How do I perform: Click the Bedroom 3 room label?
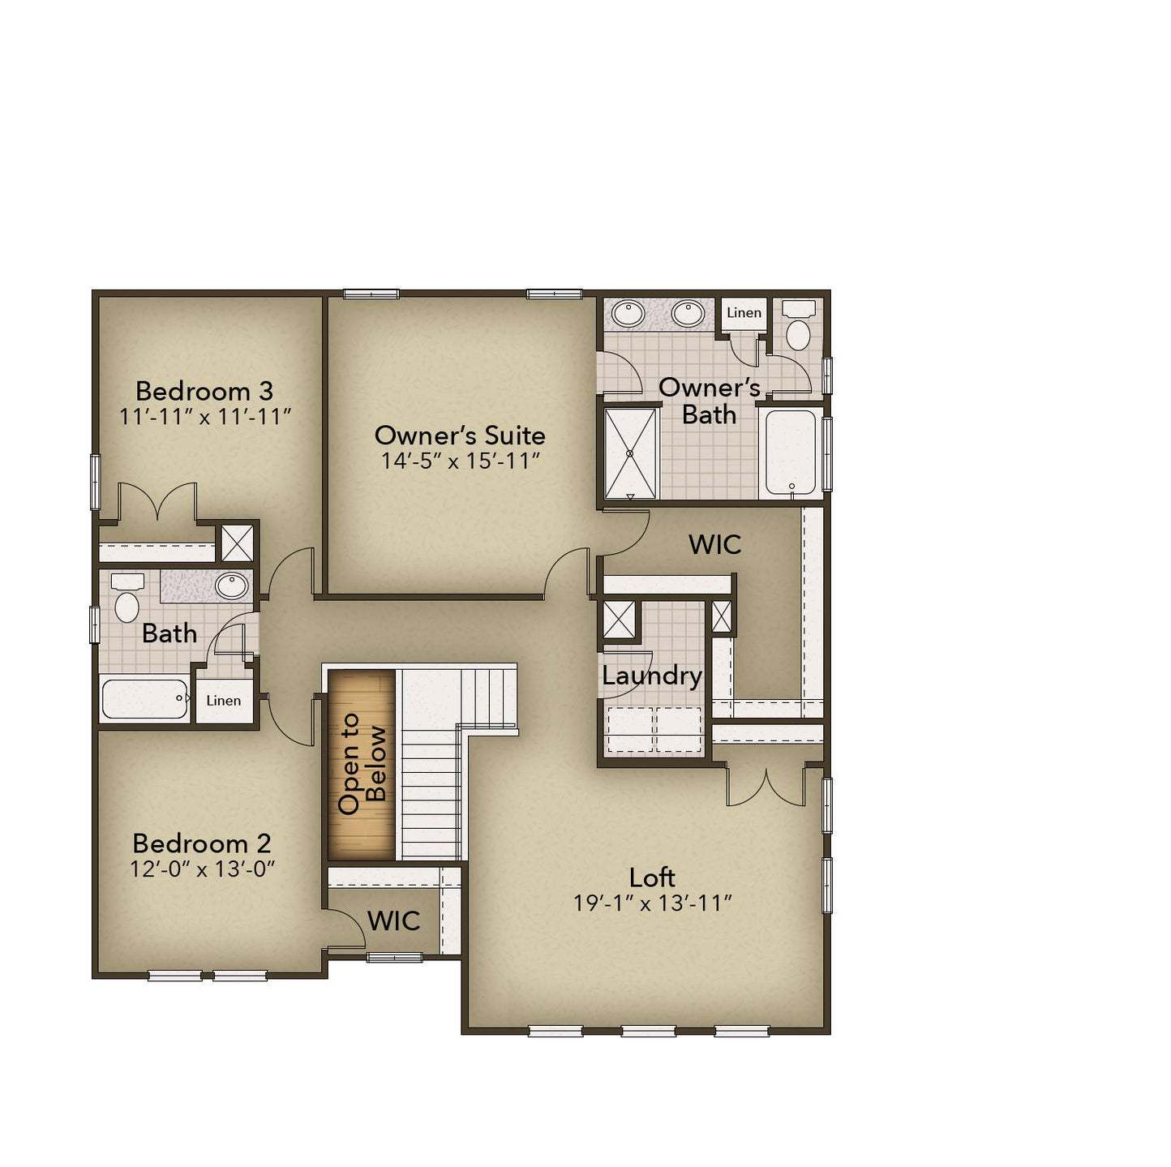click(204, 391)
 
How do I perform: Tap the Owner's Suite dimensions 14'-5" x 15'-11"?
click(461, 461)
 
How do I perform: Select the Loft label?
click(652, 877)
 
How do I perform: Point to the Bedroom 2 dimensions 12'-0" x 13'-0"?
click(203, 869)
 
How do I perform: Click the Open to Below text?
click(362, 763)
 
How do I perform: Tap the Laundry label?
click(652, 676)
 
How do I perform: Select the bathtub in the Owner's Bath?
click(791, 453)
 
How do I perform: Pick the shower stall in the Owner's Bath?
click(630, 453)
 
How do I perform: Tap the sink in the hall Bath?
click(232, 585)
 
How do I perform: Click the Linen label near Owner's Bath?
click(744, 313)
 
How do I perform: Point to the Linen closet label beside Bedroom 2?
click(223, 701)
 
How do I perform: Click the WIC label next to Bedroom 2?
click(393, 920)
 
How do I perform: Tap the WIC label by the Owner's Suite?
click(714, 544)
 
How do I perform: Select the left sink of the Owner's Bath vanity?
click(627, 312)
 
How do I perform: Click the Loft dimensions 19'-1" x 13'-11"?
click(653, 903)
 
